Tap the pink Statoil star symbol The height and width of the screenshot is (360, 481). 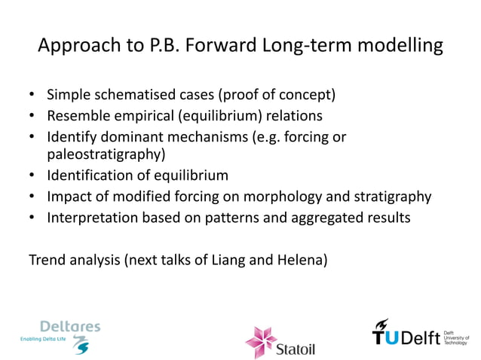[261, 340]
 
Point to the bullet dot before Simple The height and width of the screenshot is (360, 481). [32, 96]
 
